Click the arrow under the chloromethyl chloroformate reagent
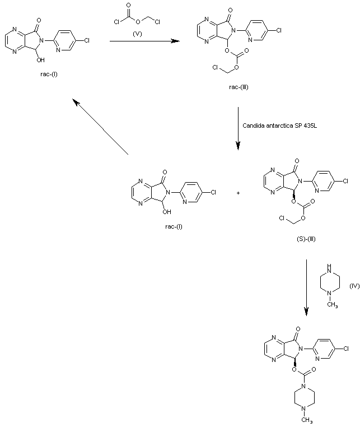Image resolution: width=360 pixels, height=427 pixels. coord(144,41)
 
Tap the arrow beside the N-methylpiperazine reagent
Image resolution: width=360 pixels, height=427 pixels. coord(307,285)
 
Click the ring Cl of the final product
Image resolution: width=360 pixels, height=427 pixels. coord(346,349)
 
